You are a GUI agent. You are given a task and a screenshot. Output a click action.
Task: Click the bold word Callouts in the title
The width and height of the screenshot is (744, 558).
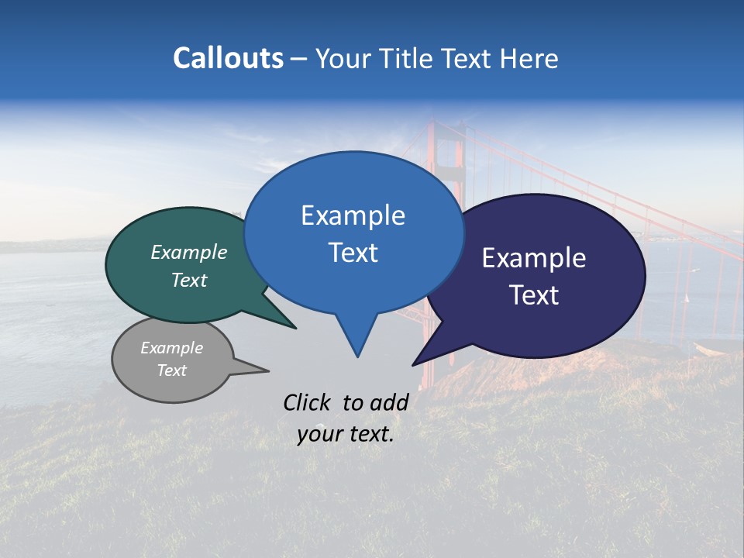pos(228,58)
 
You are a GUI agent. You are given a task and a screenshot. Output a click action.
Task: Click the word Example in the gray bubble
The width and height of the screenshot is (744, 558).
pos(172,348)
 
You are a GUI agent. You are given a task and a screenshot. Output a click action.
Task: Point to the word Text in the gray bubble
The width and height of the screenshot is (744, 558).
pos(172,370)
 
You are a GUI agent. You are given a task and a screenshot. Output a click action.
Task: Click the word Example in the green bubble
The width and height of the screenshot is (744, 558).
pos(189,252)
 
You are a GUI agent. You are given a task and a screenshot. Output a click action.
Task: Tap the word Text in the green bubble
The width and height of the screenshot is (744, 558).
pos(189,280)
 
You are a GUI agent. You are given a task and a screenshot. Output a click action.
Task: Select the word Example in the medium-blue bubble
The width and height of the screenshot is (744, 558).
pos(353,215)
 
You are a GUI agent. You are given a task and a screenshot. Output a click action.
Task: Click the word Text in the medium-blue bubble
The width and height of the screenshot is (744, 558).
pos(353,253)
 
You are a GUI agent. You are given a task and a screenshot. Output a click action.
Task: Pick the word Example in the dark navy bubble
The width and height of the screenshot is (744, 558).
pos(534,258)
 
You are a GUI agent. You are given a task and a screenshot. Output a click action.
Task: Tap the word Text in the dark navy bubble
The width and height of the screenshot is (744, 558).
pos(534,295)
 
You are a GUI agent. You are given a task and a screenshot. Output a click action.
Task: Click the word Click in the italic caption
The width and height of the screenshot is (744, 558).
pos(308,402)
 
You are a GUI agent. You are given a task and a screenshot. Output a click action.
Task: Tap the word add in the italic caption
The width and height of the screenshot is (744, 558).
pos(389,402)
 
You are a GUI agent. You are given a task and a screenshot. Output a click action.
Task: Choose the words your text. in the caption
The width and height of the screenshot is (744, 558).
pos(345,434)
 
